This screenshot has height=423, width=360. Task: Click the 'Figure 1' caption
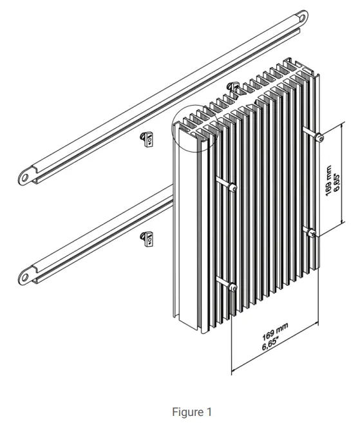191,413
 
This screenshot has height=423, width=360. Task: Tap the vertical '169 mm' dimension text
330,181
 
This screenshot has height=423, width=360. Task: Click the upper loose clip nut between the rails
147,138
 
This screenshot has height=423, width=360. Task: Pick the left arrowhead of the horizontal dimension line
233,370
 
